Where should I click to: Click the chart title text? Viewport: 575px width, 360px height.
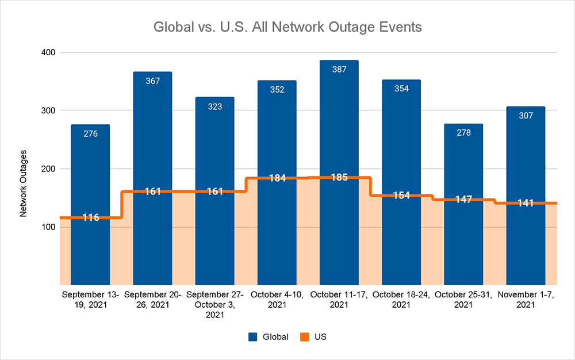pos(287,27)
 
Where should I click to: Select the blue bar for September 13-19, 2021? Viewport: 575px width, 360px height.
pos(90,173)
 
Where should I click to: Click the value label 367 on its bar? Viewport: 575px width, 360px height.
pos(152,81)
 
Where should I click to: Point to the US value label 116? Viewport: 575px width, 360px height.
pos(90,218)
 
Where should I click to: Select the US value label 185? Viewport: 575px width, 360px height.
pos(339,178)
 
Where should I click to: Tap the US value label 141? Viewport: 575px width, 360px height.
pos(526,203)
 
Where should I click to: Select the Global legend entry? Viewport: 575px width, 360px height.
pos(270,336)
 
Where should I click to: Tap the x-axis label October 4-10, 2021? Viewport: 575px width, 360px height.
pos(277,300)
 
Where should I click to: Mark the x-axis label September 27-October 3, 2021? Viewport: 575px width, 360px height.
pos(214,305)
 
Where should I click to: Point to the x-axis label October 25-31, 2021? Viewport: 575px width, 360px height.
pos(463,300)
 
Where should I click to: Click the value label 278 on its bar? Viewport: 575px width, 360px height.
pos(463,133)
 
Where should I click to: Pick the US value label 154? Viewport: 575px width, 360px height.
pos(401,196)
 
